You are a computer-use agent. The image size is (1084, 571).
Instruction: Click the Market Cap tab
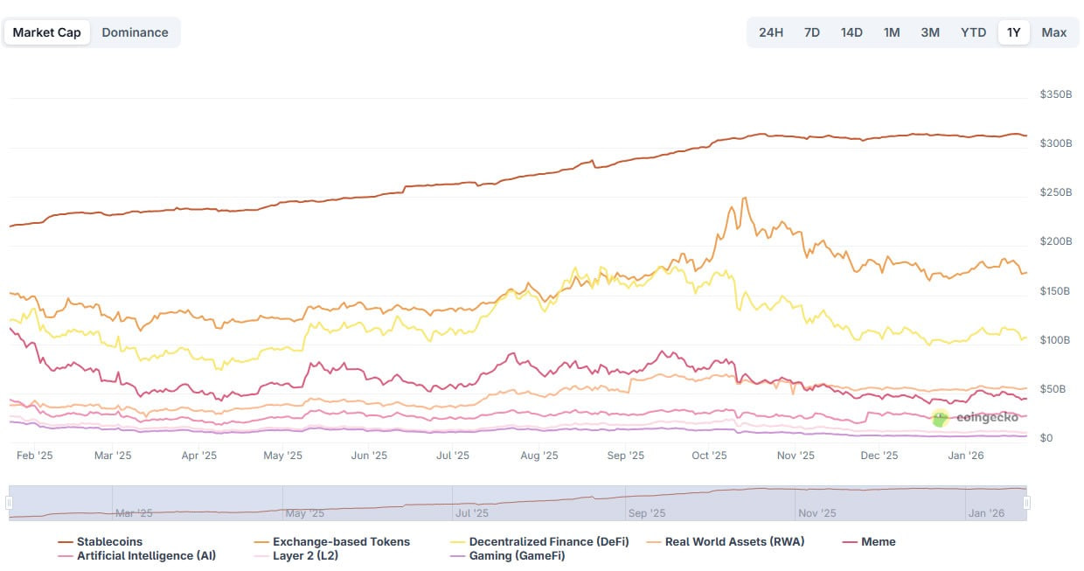pyautogui.click(x=47, y=32)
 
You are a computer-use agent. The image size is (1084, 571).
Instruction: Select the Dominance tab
pyautogui.click(x=135, y=32)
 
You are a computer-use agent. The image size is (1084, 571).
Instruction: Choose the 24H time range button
pyautogui.click(x=770, y=32)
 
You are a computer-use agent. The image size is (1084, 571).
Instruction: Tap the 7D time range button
pyautogui.click(x=811, y=32)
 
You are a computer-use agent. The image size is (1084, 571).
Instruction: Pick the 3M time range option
pyautogui.click(x=929, y=32)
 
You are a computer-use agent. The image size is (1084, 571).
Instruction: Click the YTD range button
pyautogui.click(x=973, y=32)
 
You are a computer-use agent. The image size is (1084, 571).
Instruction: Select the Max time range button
pyautogui.click(x=1053, y=32)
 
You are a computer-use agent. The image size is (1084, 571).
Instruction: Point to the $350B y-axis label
pyautogui.click(x=1055, y=94)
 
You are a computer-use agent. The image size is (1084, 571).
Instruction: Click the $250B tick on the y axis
pyautogui.click(x=1055, y=192)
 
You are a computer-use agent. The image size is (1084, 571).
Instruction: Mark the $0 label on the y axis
pyautogui.click(x=1046, y=438)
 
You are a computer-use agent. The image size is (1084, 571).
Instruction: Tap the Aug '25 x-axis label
pyautogui.click(x=539, y=456)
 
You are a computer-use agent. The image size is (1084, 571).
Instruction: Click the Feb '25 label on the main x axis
pyautogui.click(x=35, y=456)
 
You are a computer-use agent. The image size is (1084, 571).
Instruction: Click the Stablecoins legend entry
pyautogui.click(x=109, y=542)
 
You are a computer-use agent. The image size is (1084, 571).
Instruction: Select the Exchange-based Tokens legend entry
pyautogui.click(x=341, y=542)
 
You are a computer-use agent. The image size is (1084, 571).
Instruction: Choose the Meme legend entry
pyautogui.click(x=878, y=542)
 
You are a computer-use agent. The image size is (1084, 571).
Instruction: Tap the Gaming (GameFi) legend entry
pyautogui.click(x=517, y=556)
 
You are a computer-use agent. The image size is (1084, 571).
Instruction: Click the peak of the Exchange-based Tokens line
pyautogui.click(x=744, y=198)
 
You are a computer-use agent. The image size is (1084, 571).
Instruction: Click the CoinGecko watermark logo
pyautogui.click(x=940, y=418)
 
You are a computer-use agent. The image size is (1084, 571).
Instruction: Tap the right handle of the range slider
pyautogui.click(x=1026, y=503)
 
